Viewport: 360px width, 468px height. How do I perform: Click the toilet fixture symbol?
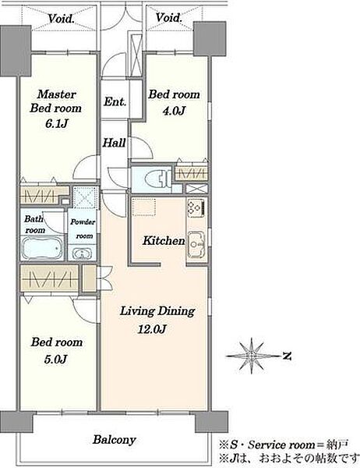[x=157, y=179]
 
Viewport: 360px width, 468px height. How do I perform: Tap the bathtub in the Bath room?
[x=43, y=247]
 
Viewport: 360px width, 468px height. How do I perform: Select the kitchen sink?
[x=196, y=244]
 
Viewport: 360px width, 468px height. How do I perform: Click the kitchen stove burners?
[x=196, y=207]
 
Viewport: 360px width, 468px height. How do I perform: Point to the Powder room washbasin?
[x=81, y=253]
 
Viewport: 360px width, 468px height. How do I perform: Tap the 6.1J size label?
[x=56, y=122]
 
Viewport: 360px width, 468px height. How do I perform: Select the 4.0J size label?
[x=174, y=111]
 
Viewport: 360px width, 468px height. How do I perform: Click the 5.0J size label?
[x=56, y=359]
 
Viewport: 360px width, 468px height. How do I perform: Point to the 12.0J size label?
[x=151, y=328]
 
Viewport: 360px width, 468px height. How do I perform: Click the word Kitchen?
[x=164, y=240]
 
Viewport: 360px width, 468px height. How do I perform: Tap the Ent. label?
[x=115, y=101]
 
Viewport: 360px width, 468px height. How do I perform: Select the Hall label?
[x=115, y=143]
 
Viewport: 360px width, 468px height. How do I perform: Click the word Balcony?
[x=115, y=439]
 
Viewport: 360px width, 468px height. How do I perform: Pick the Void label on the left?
[x=61, y=19]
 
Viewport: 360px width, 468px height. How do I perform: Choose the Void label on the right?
[x=169, y=17]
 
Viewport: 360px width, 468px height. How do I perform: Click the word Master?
[x=57, y=94]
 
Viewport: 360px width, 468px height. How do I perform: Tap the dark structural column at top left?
[x=16, y=51]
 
